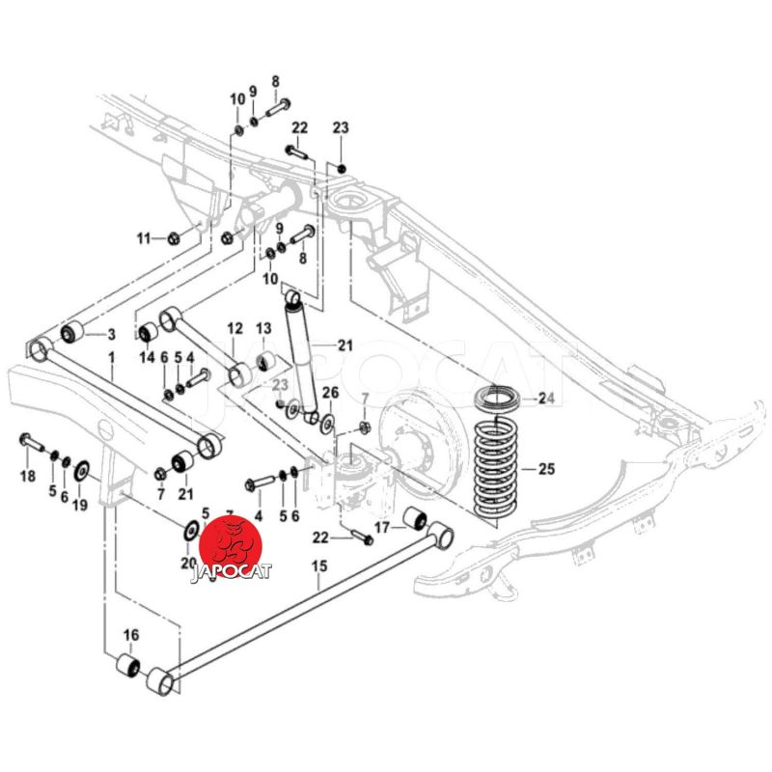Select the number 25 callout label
point(547,471)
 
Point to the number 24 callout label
point(547,397)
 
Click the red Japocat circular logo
point(231,546)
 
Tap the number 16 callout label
point(131,634)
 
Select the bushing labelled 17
point(416,520)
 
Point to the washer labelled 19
point(81,470)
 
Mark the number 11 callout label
point(145,238)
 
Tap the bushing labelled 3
point(72,333)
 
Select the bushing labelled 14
point(150,333)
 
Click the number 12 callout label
point(234,330)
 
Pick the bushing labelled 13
point(265,361)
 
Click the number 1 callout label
point(111,358)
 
